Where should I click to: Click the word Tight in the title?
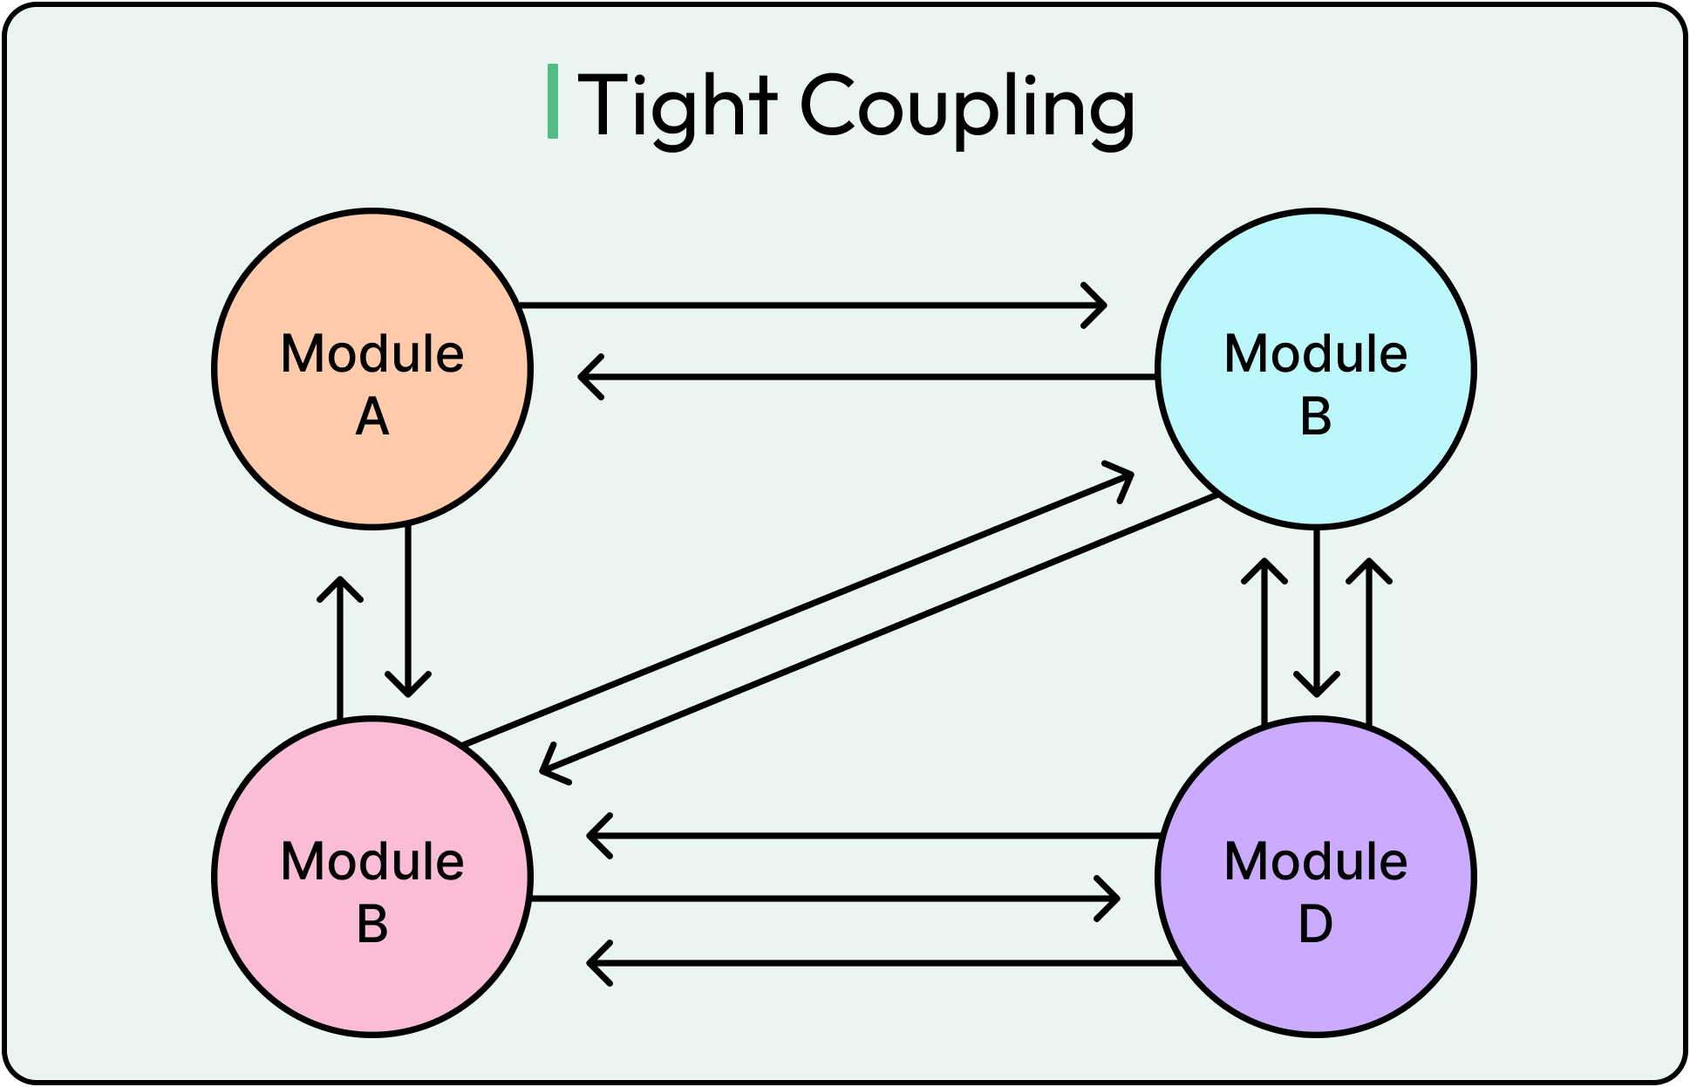point(677,106)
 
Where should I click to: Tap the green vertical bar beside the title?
point(552,101)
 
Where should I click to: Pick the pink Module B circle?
point(372,968)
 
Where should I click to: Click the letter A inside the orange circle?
point(372,417)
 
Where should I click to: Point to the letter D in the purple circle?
point(1315,925)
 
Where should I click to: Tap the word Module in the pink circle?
point(372,862)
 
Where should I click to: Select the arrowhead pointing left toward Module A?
point(589,377)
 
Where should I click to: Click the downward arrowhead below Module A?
point(408,686)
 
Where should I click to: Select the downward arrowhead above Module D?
point(1316,686)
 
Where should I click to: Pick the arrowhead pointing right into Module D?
point(1110,899)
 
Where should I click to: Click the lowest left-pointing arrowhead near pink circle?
point(597,963)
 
